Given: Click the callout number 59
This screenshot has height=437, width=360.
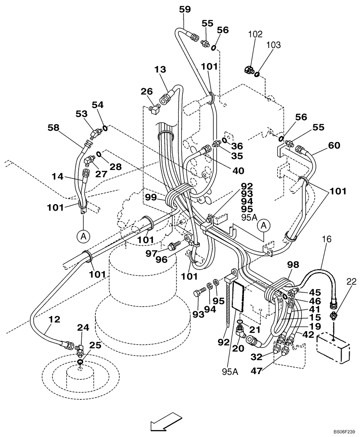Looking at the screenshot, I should coord(185,9).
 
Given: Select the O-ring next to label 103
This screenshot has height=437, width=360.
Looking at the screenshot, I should coord(257,74).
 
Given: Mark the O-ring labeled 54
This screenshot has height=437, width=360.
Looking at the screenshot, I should coord(105,128).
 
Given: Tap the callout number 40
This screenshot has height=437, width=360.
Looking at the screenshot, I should coord(238,171).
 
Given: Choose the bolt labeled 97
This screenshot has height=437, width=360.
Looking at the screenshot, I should coord(173,246).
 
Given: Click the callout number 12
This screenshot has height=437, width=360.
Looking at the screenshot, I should coord(55,320).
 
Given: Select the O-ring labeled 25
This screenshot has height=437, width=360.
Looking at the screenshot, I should coord(80,362).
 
